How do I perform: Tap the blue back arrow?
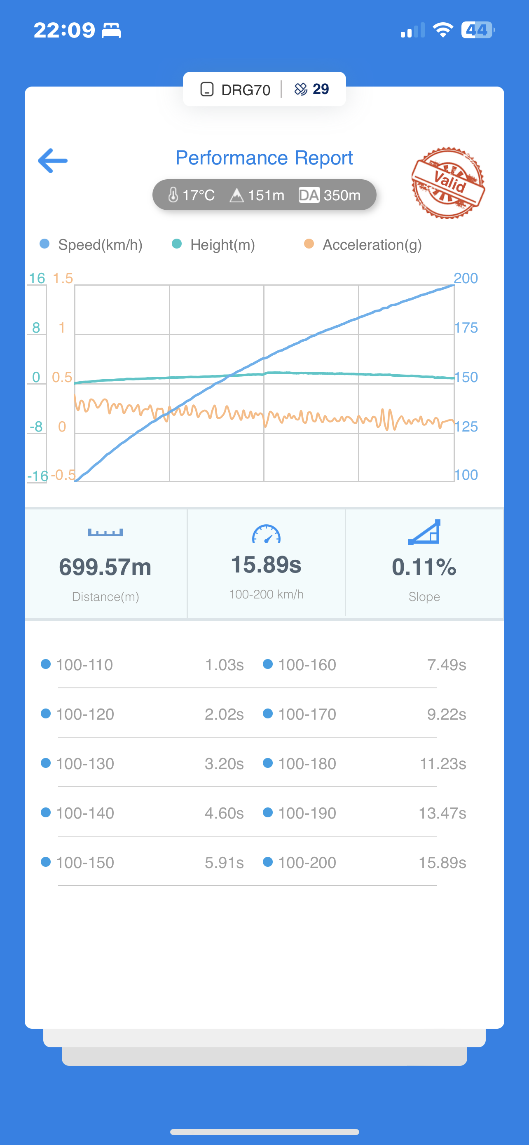click(x=53, y=160)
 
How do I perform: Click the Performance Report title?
click(x=264, y=158)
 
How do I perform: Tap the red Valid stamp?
click(x=448, y=183)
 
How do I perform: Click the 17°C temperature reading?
click(x=192, y=195)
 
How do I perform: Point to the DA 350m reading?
click(x=330, y=195)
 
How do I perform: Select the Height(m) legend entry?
click(x=214, y=244)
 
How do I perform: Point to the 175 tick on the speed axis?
click(x=466, y=328)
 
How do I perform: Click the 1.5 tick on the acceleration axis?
click(x=63, y=278)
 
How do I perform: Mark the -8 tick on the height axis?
click(x=36, y=427)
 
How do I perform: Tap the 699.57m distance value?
click(x=105, y=567)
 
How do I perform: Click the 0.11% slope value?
click(x=424, y=567)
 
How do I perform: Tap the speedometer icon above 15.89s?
click(x=266, y=534)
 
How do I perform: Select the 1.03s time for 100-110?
click(x=224, y=665)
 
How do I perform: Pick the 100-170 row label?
click(x=307, y=714)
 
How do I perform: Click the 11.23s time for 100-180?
click(x=443, y=764)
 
